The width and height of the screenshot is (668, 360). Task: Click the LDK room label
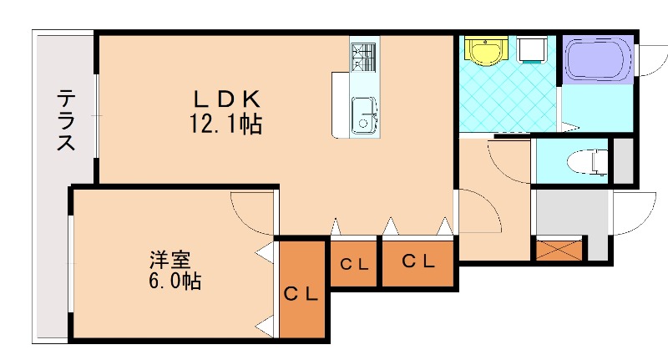click(223, 99)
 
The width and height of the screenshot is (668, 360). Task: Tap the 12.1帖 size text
click(223, 125)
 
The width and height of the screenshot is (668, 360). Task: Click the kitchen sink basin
click(364, 115)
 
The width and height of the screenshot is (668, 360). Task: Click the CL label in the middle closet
click(355, 264)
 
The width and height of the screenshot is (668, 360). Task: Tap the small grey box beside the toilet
click(623, 160)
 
